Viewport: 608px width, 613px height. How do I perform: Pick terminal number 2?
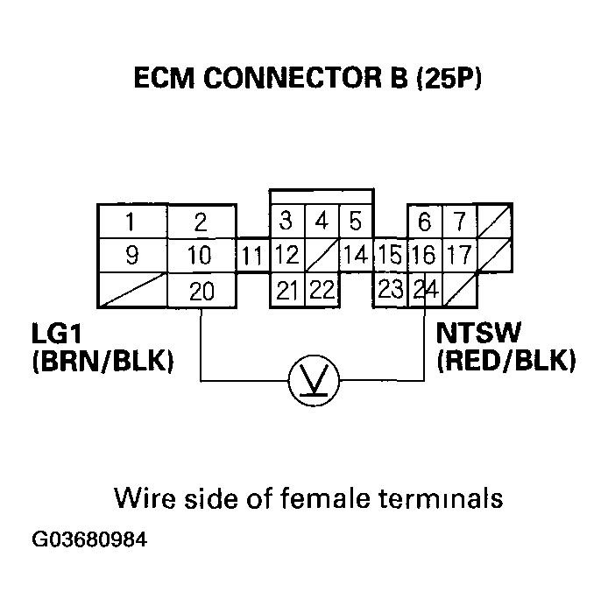(x=201, y=222)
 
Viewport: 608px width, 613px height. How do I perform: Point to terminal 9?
(x=131, y=257)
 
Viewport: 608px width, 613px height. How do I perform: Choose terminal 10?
(x=201, y=257)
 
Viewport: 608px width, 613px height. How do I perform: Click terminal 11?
(x=252, y=257)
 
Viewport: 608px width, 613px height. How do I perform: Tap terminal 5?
(x=355, y=220)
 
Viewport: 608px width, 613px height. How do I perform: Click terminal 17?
(x=458, y=257)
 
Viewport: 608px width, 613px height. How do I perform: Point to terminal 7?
(x=459, y=222)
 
